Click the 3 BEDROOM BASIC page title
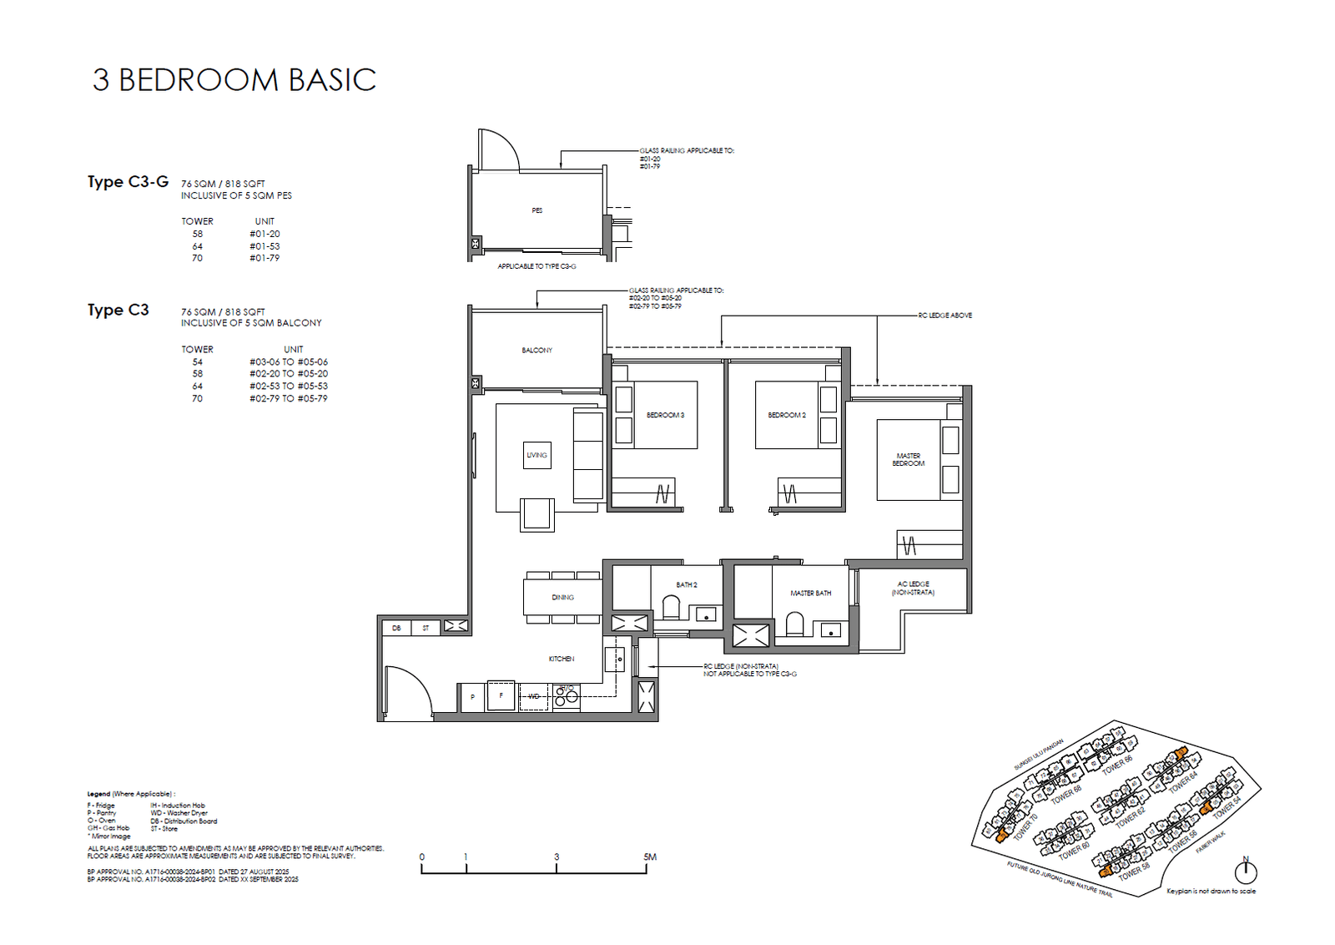point(234,80)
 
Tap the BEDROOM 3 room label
point(665,415)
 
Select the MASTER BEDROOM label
point(908,460)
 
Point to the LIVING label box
point(537,455)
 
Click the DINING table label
point(562,597)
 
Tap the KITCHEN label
point(562,659)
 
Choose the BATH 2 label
point(686,584)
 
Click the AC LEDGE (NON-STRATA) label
point(913,588)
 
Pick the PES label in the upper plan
point(537,210)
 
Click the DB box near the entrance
point(396,628)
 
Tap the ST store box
point(426,628)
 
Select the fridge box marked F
point(501,695)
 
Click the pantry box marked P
point(472,696)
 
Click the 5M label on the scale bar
point(650,857)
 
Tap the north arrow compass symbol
point(1245,871)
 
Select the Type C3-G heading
point(128,181)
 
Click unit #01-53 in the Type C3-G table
point(264,246)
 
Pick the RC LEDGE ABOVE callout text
point(945,316)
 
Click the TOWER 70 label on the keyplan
point(1025,826)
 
